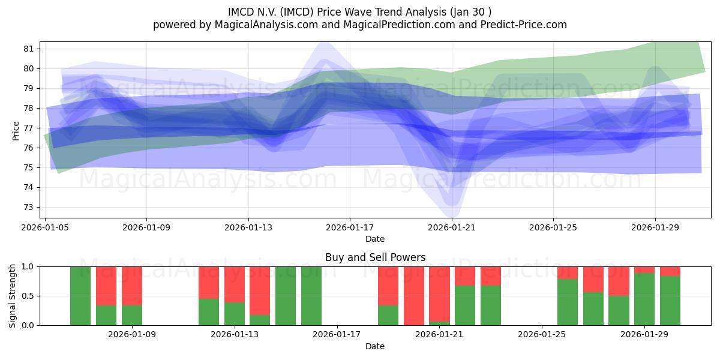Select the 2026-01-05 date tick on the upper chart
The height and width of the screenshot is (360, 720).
click(x=46, y=228)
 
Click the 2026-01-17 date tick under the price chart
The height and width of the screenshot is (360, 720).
click(x=350, y=228)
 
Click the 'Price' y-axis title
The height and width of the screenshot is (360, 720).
click(x=16, y=130)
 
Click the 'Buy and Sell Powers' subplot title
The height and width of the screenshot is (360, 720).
click(x=375, y=257)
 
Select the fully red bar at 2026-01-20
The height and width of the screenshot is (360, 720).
click(x=414, y=296)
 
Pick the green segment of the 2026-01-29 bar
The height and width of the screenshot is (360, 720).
click(x=644, y=299)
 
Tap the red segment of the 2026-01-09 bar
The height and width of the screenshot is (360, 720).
click(x=132, y=286)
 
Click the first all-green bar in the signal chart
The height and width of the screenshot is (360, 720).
click(x=80, y=296)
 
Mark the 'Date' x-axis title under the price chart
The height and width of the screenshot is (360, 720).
click(x=375, y=239)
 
